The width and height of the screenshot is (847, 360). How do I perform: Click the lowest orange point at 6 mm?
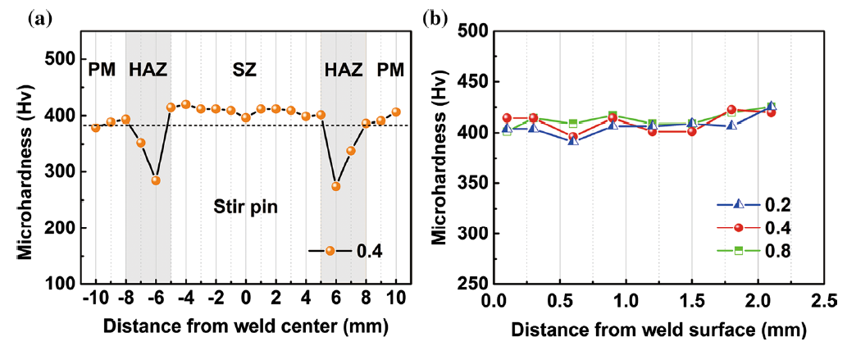(335, 186)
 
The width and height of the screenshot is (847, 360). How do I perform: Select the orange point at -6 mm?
(156, 180)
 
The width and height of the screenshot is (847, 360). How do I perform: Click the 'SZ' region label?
(244, 71)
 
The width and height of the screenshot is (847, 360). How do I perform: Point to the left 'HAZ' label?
(148, 71)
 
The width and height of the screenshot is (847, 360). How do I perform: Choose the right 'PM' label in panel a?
(390, 71)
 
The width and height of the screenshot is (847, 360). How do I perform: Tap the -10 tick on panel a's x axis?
(95, 297)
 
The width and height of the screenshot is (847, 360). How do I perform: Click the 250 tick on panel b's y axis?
(471, 284)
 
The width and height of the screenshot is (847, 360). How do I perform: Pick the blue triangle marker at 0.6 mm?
(574, 141)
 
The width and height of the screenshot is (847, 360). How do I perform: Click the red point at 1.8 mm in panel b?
(731, 110)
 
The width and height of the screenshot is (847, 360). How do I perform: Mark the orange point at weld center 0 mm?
(246, 117)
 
